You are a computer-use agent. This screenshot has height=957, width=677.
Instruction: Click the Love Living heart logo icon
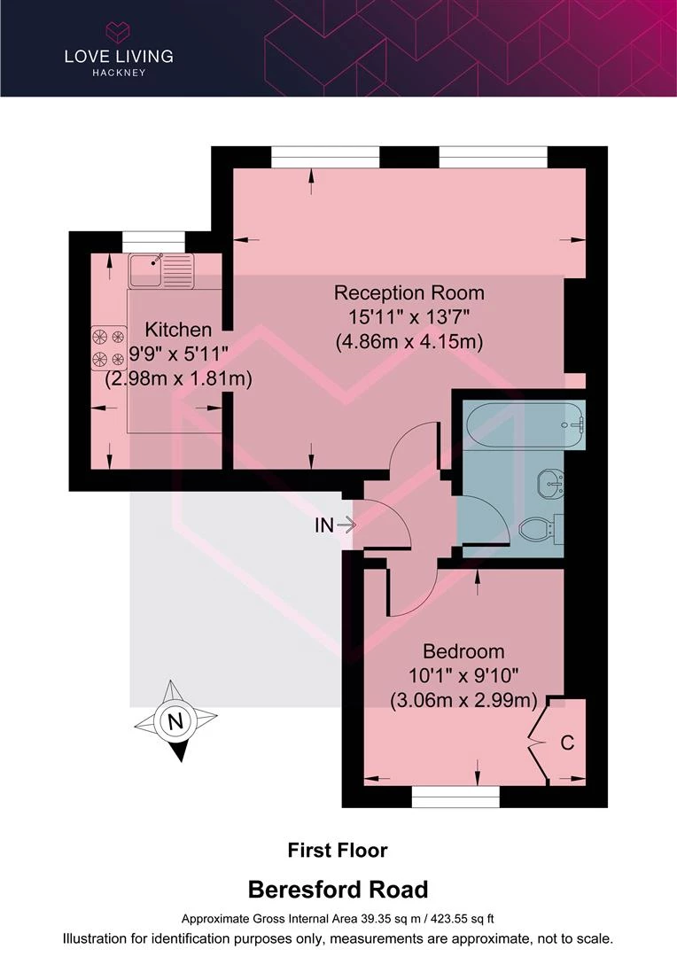tap(118, 33)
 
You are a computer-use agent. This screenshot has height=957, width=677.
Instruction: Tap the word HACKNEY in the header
tap(119, 73)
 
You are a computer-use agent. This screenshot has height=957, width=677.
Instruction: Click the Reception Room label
tap(409, 293)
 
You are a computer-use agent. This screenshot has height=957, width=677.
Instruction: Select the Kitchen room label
tap(178, 330)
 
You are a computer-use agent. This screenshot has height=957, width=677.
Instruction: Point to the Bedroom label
tap(463, 651)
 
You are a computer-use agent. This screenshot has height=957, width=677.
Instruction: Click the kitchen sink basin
tap(144, 269)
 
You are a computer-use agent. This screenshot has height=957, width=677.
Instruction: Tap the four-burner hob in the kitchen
tap(109, 348)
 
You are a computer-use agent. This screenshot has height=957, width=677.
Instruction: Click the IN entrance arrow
tap(346, 525)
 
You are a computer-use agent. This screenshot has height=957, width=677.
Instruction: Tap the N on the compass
tap(175, 721)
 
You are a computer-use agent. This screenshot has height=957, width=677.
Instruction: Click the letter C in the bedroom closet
tap(567, 743)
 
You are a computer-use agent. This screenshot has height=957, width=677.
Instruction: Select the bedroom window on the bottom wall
tap(455, 797)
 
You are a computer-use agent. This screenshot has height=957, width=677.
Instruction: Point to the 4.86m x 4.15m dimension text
tap(409, 341)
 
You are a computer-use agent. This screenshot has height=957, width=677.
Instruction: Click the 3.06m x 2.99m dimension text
tap(463, 699)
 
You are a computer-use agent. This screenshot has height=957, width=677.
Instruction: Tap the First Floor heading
tap(338, 850)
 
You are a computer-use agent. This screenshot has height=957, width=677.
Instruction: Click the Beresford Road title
tap(338, 890)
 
